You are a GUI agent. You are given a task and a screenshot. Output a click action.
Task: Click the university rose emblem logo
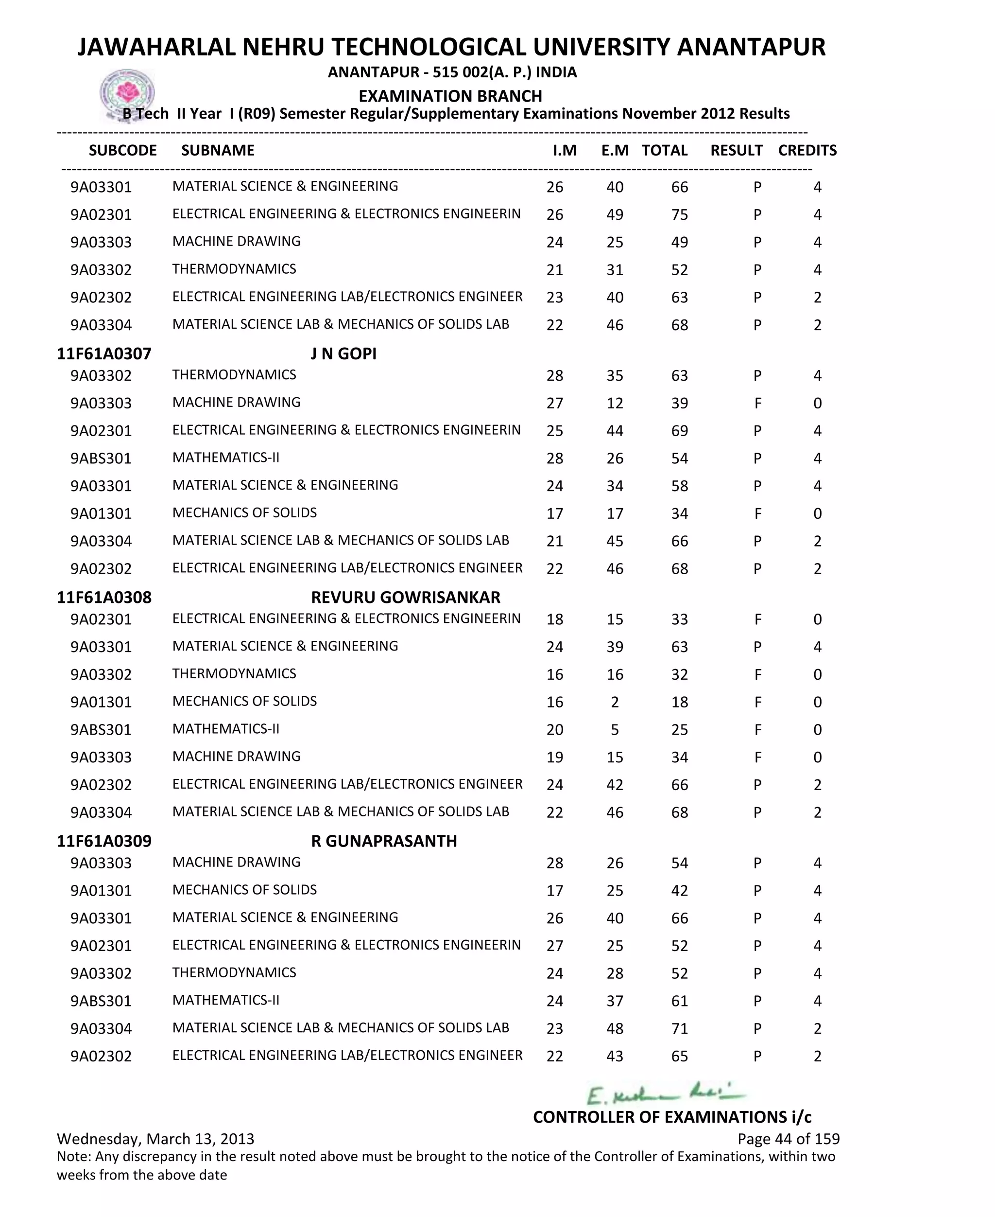[x=127, y=93]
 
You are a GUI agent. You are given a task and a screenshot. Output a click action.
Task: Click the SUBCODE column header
[x=122, y=150]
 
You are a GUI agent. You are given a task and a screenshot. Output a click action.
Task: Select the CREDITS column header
[x=807, y=150]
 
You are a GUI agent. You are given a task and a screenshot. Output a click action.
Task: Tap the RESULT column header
[x=736, y=150]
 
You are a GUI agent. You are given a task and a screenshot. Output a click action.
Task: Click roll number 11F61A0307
[x=104, y=353]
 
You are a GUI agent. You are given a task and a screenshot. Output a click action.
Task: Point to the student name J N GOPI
[x=343, y=353]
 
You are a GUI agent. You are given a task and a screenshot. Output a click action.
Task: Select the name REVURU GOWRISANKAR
[x=405, y=597]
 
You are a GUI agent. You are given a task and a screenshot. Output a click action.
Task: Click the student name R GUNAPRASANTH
[x=384, y=841]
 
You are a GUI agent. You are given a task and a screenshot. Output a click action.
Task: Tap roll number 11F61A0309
[x=104, y=841]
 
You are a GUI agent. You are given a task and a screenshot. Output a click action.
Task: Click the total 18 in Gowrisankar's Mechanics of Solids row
[x=679, y=702]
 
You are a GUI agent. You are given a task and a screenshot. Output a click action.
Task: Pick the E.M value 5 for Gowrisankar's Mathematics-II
[x=615, y=729]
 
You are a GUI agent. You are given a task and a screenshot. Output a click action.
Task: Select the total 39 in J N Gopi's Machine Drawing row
[x=679, y=403]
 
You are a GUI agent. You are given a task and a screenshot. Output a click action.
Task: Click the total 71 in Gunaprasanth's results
[x=679, y=1028]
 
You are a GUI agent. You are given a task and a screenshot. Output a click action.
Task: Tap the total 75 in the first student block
[x=679, y=214]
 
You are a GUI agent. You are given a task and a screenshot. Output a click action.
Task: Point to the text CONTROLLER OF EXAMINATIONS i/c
[x=672, y=1117]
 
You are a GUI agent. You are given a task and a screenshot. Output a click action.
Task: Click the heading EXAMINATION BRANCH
[x=450, y=96]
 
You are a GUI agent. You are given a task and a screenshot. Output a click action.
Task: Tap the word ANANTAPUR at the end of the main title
[x=751, y=47]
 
